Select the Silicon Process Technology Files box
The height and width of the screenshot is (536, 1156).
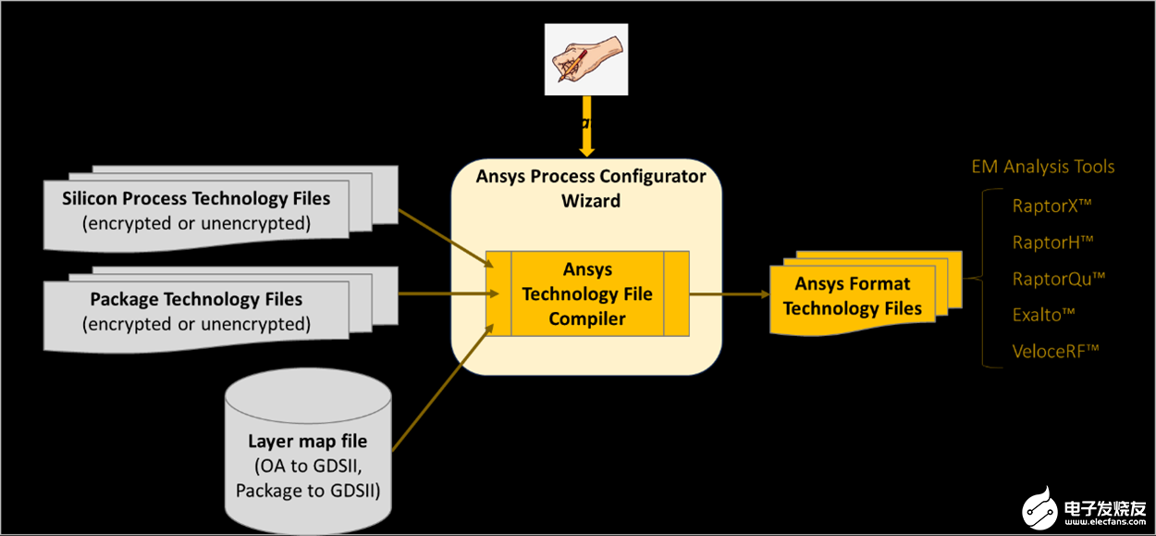(196, 210)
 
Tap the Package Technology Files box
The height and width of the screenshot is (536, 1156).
(196, 311)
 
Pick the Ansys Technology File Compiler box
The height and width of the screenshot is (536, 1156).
(587, 293)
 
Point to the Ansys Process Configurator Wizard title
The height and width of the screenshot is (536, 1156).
(591, 187)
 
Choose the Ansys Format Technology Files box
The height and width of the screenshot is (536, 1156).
(852, 296)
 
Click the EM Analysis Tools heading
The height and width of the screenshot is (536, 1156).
(1042, 168)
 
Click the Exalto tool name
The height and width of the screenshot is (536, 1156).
(1043, 315)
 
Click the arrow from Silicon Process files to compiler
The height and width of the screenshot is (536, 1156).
(442, 238)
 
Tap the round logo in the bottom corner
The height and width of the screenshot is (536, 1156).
(1040, 506)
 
